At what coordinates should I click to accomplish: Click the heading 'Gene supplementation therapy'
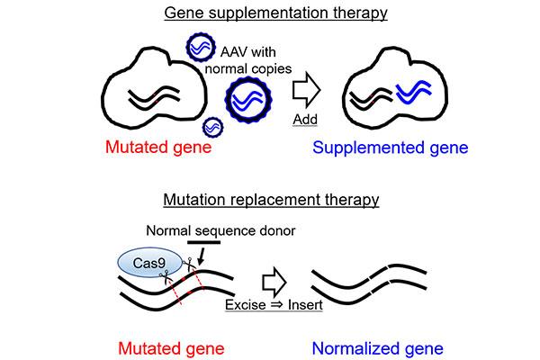coord(269,13)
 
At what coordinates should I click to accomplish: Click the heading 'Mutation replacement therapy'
coord(269,201)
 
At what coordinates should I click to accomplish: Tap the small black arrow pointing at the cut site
coord(201,258)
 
